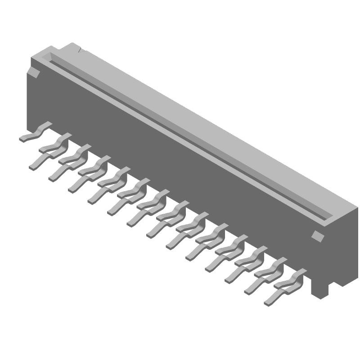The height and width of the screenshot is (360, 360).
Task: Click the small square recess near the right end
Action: coord(318,235)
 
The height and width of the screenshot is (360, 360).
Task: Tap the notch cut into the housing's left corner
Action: coord(32,72)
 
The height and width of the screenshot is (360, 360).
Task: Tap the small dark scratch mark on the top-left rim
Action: coord(80,50)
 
